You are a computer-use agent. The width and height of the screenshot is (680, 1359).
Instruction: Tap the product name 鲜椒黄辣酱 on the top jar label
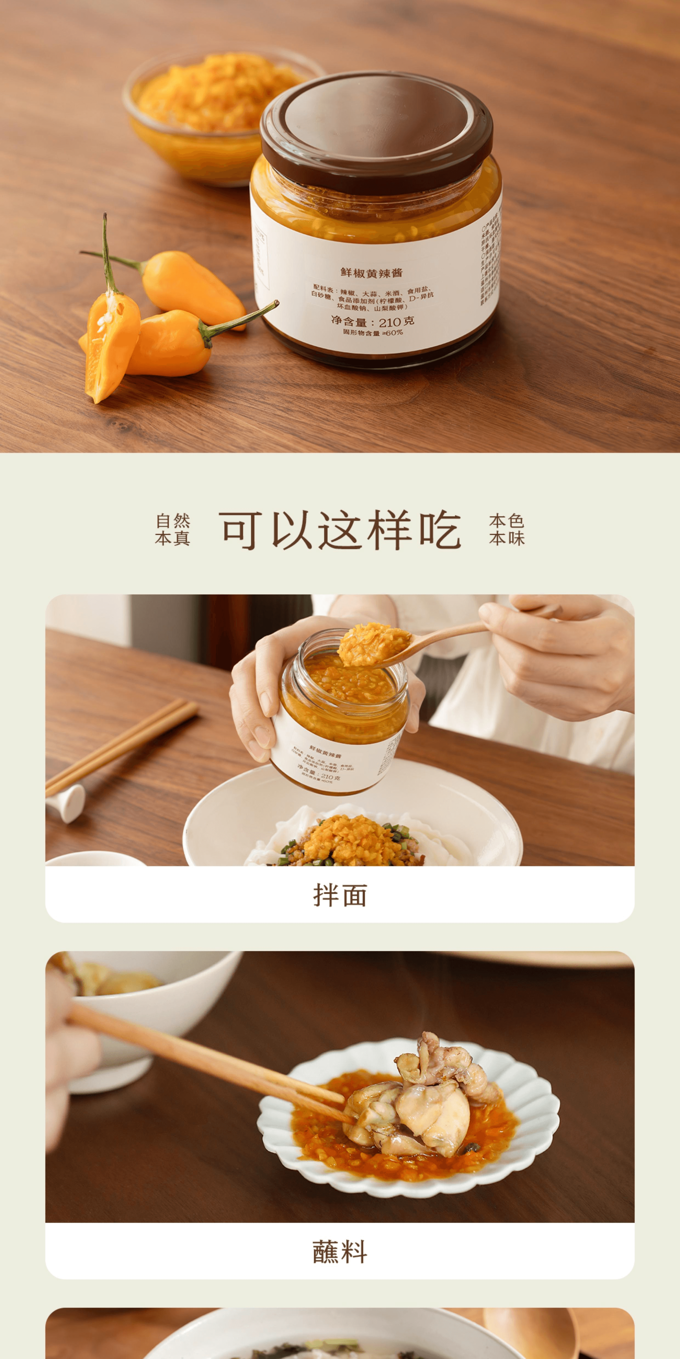tap(371, 272)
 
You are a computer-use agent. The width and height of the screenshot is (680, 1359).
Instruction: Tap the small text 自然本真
tap(173, 529)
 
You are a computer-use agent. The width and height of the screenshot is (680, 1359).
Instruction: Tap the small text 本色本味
tap(507, 529)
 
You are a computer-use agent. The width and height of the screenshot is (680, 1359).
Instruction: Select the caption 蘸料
tap(340, 1251)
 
